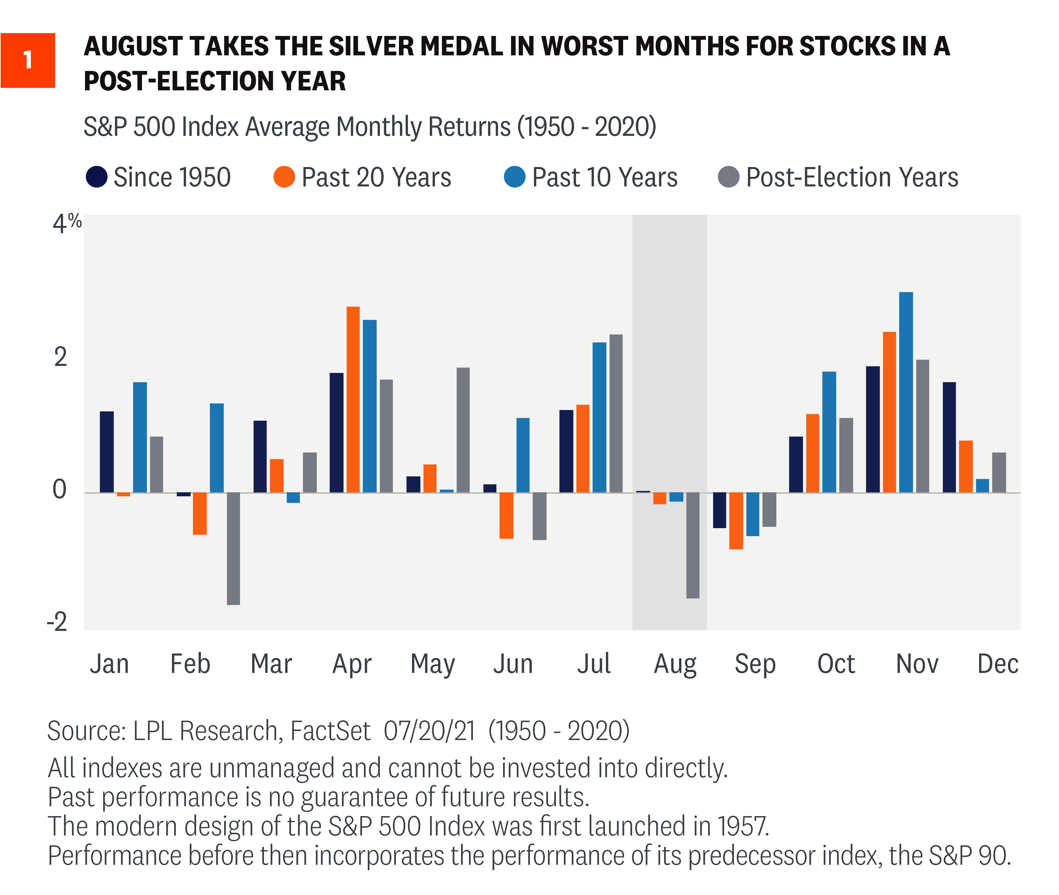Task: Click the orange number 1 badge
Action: [28, 60]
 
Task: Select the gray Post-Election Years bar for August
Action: [693, 545]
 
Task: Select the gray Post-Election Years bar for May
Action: [463, 430]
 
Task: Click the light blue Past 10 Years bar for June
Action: [523, 455]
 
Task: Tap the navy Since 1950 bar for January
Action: [107, 451]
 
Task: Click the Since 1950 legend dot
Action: [96, 177]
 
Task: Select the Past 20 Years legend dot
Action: [284, 177]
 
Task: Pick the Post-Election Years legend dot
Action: [729, 177]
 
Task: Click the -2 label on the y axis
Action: [57, 622]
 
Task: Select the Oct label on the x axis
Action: [836, 664]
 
